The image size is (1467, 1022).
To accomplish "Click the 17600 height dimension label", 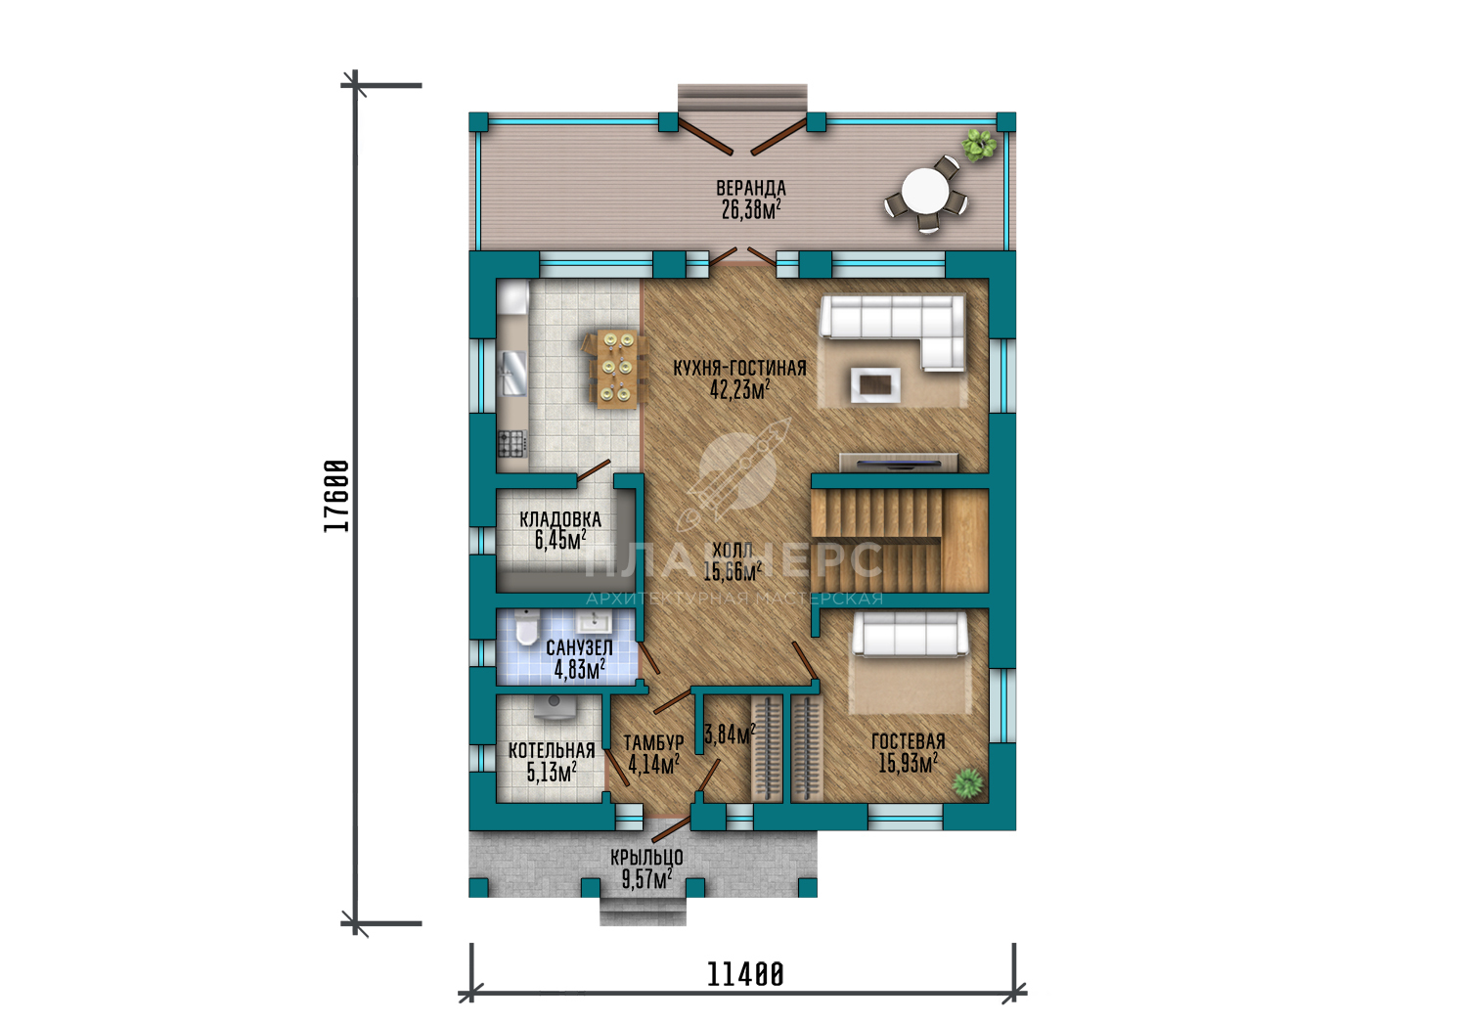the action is point(336,496).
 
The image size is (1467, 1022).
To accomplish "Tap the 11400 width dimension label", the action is point(745,975).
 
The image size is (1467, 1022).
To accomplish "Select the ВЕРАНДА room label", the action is point(751,188).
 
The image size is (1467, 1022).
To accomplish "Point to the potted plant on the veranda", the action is point(980,144).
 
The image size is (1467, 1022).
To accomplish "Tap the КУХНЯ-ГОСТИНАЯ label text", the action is point(740,368).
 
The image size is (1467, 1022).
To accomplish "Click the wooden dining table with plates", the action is point(617,369).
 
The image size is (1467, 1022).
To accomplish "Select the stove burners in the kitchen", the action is point(512,443).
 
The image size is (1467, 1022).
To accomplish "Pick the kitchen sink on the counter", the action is point(513,374).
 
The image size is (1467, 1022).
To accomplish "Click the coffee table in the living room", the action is point(875,385).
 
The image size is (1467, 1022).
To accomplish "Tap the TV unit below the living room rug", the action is point(899,463).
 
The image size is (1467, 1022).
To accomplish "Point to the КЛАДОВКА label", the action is point(560,520).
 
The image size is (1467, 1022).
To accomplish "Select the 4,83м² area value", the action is point(580,669).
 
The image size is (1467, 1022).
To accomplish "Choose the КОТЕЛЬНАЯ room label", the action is point(552,750).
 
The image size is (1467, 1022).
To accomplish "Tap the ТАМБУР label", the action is point(653,743).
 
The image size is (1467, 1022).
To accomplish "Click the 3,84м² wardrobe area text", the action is point(730,733).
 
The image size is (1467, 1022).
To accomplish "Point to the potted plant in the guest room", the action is point(968,783).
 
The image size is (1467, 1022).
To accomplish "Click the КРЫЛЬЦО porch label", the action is point(647,857).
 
